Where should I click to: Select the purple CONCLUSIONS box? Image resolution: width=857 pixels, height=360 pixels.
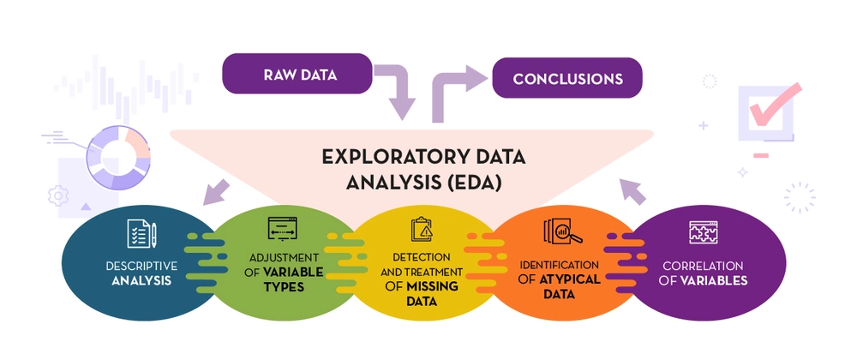pyautogui.click(x=566, y=78)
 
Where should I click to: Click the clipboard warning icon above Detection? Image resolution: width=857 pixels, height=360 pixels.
pyautogui.click(x=422, y=230)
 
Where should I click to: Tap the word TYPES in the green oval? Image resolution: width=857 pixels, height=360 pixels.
pyautogui.click(x=284, y=286)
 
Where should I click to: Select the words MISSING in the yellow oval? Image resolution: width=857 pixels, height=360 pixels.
pyautogui.click(x=431, y=286)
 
